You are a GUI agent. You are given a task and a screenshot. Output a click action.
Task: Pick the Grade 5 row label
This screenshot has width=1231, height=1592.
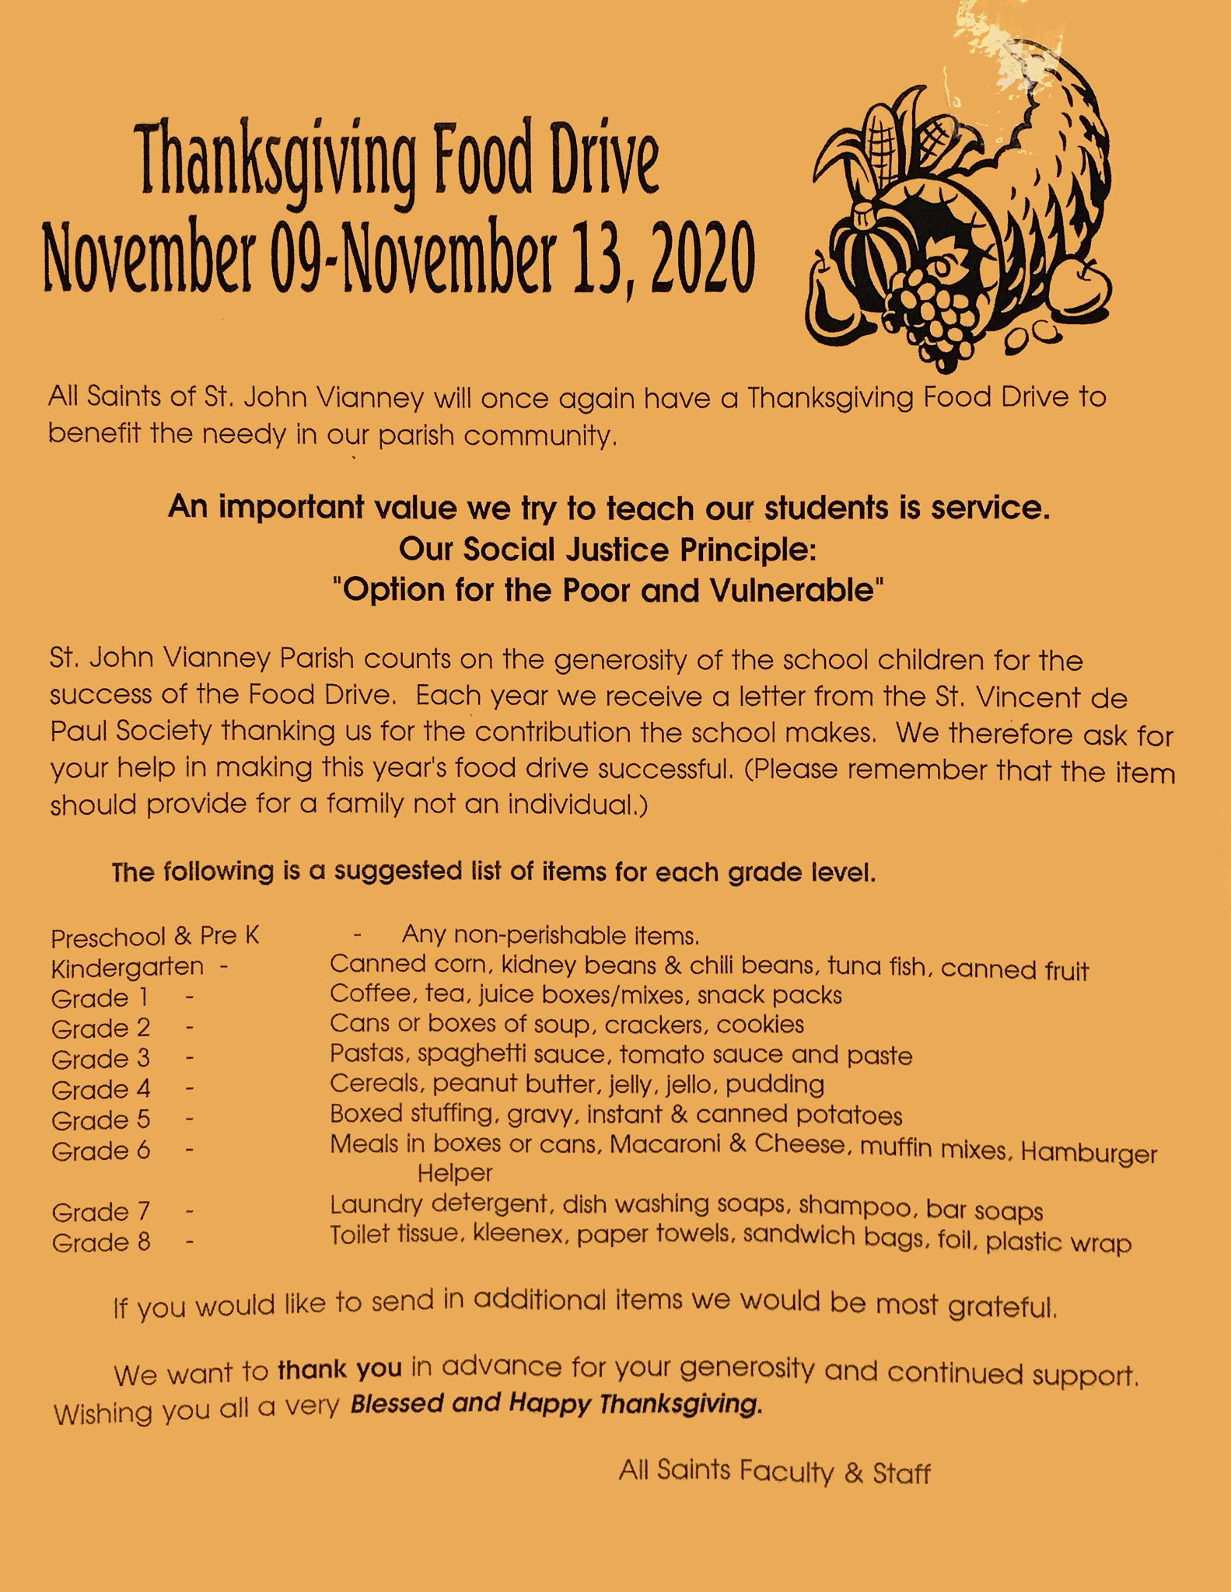click(x=100, y=1120)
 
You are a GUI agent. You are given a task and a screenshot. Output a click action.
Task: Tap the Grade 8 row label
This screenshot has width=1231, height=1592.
click(x=100, y=1242)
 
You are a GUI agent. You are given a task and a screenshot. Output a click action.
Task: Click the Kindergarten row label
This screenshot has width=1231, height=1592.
click(x=127, y=969)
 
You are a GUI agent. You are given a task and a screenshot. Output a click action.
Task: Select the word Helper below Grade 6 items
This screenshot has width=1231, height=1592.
click(x=455, y=1173)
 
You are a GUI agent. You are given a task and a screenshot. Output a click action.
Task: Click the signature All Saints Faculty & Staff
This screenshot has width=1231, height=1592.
click(x=775, y=1471)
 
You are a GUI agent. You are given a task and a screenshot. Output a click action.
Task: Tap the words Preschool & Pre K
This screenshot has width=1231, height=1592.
click(x=155, y=937)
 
